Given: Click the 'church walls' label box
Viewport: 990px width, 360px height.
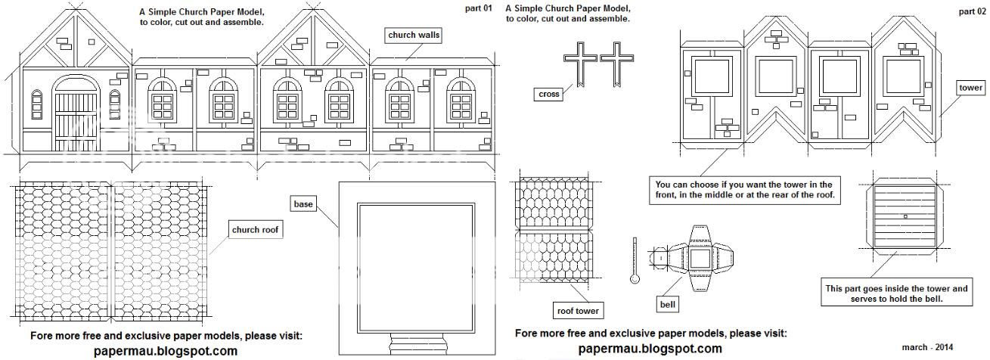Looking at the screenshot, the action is point(414,36).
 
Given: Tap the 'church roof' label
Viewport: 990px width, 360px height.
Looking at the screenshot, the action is point(255,230).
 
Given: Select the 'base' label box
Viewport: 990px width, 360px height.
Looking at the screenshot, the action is point(303,204).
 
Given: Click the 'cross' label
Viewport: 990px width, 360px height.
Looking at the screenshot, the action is point(549,94).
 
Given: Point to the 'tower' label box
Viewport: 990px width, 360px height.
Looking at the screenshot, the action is point(970,88).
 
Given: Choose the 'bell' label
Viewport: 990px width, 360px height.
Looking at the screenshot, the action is point(667,304).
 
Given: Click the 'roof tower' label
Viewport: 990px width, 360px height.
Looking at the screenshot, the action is point(578,311).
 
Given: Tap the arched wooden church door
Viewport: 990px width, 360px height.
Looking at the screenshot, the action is point(76,114).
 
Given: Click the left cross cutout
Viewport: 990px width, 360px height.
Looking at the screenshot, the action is point(580,64).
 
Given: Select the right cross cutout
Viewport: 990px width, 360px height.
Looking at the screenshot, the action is point(616,64).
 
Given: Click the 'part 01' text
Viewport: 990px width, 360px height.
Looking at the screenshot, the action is point(478,8).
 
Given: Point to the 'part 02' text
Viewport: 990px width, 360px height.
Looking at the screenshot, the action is point(973,11).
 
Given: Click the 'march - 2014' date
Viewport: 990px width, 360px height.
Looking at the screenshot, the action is point(927,347).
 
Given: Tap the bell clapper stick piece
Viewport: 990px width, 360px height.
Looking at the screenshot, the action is point(635,260).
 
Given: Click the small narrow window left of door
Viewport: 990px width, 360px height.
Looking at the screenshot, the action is point(37,104).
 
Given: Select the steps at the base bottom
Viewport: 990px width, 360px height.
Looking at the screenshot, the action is point(415,344).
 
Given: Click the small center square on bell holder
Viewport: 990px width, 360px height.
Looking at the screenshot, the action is point(905,216).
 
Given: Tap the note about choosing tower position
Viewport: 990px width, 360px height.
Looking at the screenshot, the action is point(745,190).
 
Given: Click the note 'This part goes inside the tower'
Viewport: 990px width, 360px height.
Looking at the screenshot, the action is point(897,293).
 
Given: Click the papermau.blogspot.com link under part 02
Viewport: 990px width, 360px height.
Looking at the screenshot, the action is point(650,349).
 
